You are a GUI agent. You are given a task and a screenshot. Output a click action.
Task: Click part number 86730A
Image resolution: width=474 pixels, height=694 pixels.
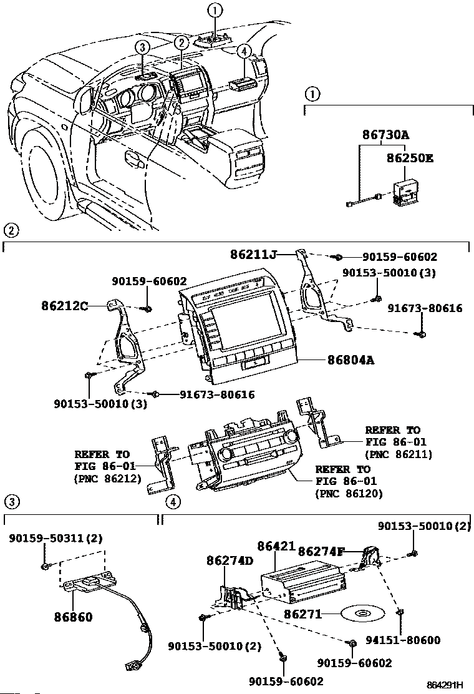click(x=385, y=134)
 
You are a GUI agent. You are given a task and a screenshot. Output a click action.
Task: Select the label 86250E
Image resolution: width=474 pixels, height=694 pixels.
click(x=410, y=158)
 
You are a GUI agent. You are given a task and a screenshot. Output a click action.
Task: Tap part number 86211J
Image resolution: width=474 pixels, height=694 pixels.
click(x=253, y=255)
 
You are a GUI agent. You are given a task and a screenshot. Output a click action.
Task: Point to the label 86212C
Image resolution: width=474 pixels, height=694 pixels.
click(x=65, y=305)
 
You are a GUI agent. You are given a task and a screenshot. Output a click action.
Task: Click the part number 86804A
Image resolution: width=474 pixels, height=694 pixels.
click(x=351, y=360)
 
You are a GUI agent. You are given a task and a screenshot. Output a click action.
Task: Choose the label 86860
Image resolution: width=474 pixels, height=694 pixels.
click(x=74, y=617)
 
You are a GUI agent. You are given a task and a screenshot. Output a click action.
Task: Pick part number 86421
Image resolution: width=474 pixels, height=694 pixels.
click(x=276, y=546)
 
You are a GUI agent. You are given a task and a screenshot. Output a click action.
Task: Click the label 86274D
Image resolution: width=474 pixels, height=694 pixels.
click(x=230, y=560)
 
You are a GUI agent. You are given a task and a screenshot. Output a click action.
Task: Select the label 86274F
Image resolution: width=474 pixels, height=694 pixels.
click(x=321, y=552)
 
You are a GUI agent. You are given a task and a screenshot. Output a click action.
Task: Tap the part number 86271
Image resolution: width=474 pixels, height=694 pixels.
click(x=302, y=614)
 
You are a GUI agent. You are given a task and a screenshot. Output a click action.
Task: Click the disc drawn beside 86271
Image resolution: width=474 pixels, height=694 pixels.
click(x=362, y=614)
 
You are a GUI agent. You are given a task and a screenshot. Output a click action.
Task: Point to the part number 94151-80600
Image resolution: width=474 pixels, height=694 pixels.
click(x=403, y=640)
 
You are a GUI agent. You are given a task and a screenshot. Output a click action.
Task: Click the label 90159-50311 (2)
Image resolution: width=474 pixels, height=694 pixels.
click(x=56, y=538)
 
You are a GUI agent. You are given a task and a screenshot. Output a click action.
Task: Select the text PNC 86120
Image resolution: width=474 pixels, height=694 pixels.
click(x=349, y=494)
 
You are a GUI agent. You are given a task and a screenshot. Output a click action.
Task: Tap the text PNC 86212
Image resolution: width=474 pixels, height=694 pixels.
click(x=108, y=479)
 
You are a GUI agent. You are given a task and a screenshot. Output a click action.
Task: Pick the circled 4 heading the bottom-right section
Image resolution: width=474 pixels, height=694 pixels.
click(x=173, y=502)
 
